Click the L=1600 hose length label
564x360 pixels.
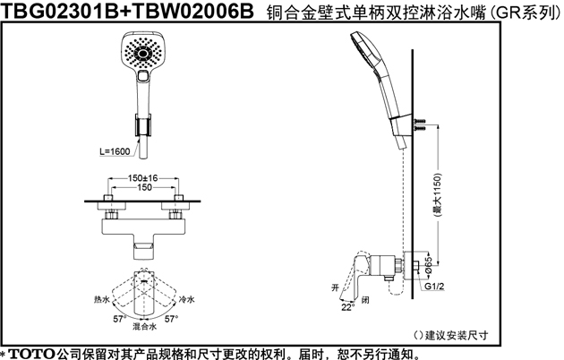click(115, 151)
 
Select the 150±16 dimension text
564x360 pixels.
click(143, 178)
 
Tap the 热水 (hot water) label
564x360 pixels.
click(101, 299)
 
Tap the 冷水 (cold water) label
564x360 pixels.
click(187, 299)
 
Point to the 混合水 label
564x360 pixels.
click(145, 327)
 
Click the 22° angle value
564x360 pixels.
click(348, 307)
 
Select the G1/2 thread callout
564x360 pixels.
click(434, 287)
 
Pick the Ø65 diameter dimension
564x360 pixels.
click(429, 266)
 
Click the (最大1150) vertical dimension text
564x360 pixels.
click(438, 195)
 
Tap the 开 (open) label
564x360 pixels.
click(335, 287)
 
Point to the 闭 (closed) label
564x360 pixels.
click(365, 300)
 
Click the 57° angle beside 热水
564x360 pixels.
click(120, 319)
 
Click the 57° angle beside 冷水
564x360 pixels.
click(171, 319)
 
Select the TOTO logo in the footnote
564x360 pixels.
click(31, 354)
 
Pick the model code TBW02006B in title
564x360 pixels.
click(192, 11)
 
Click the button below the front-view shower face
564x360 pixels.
click(143, 75)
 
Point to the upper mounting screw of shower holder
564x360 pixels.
click(419, 121)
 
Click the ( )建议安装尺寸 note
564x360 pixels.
click(451, 336)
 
